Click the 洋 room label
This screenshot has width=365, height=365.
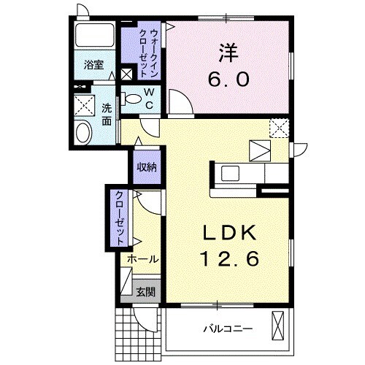226,52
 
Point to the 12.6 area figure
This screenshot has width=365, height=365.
228,258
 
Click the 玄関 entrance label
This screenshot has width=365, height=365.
145,291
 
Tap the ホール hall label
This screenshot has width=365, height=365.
142,259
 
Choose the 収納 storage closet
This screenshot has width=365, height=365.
146,167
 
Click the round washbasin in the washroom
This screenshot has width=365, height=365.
84,133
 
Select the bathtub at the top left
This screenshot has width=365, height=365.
93,35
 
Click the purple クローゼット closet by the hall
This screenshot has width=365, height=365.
118,216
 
